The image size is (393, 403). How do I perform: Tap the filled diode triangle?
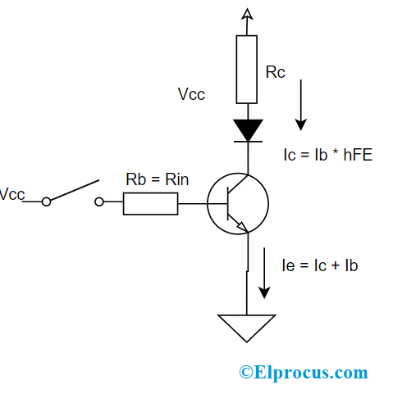pyautogui.click(x=248, y=130)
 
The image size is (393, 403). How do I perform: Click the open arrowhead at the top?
pyautogui.click(x=247, y=14)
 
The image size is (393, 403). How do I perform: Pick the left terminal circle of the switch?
pyautogui.click(x=46, y=201)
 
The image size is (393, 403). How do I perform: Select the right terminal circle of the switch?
pyautogui.click(x=99, y=201)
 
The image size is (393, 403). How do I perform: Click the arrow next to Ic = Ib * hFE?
pyautogui.click(x=301, y=105)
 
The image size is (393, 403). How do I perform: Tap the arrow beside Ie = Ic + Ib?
pyautogui.click(x=264, y=273)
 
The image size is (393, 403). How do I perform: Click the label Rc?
pyautogui.click(x=275, y=72)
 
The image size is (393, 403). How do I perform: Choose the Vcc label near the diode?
pyautogui.click(x=191, y=94)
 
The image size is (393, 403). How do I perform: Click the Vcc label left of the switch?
pyautogui.click(x=12, y=194)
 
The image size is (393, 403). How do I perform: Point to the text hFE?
pyautogui.click(x=358, y=155)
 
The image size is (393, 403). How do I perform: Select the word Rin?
pyautogui.click(x=176, y=179)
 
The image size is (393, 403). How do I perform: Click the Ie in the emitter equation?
pyautogui.click(x=288, y=265)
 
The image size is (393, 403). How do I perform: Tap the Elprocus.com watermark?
pyautogui.click(x=304, y=373)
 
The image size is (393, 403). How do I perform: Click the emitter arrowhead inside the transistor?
pyautogui.click(x=243, y=227)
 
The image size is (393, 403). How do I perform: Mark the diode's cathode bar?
pyautogui.click(x=248, y=142)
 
